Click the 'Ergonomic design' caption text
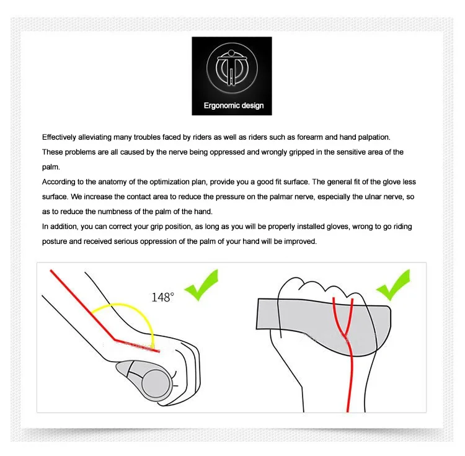coord(234,105)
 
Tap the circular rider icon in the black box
coord(232,68)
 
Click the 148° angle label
coord(163,297)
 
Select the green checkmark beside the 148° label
coord(201,285)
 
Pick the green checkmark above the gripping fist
coord(394,285)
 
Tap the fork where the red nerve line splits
coord(344,334)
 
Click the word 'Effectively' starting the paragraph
coord(59,137)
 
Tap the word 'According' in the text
coord(59,182)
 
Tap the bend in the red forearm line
coord(115,339)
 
